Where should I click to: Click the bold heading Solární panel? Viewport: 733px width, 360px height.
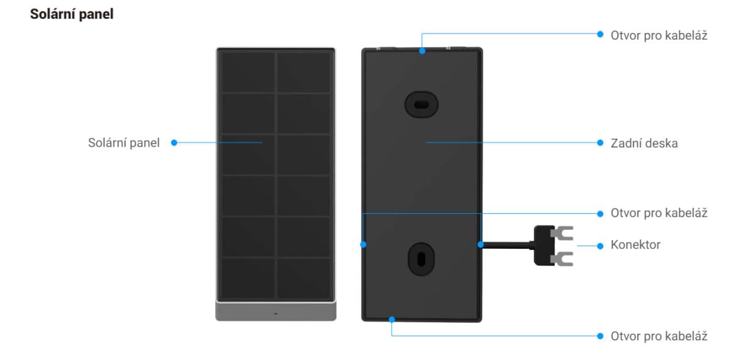[x=71, y=15]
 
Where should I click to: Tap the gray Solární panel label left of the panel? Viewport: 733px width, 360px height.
[x=123, y=143]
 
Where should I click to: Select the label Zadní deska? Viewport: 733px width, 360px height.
[x=644, y=143]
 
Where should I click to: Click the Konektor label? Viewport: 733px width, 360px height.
[x=635, y=245]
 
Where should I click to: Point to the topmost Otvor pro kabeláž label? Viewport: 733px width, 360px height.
[x=658, y=35]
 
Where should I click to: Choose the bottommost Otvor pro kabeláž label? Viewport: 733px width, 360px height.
[x=658, y=336]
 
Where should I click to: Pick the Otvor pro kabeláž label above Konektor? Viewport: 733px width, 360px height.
[x=658, y=213]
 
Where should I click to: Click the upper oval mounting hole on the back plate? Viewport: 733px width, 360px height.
[x=421, y=104]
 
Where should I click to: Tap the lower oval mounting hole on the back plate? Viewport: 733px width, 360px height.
[x=421, y=258]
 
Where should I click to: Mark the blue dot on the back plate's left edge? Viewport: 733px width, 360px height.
[x=363, y=244]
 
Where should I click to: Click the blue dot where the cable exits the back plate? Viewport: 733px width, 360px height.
[x=481, y=244]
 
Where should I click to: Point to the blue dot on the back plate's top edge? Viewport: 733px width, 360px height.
[x=422, y=51]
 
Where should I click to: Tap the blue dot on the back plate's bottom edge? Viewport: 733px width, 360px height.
[x=392, y=318]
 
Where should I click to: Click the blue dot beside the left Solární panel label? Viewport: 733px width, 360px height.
[x=174, y=143]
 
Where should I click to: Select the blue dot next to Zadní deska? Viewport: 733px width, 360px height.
[x=600, y=143]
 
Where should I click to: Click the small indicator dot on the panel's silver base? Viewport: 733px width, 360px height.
[x=275, y=313]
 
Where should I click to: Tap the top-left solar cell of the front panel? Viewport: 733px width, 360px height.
[x=248, y=72]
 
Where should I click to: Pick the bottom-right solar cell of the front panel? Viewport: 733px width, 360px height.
[x=304, y=278]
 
